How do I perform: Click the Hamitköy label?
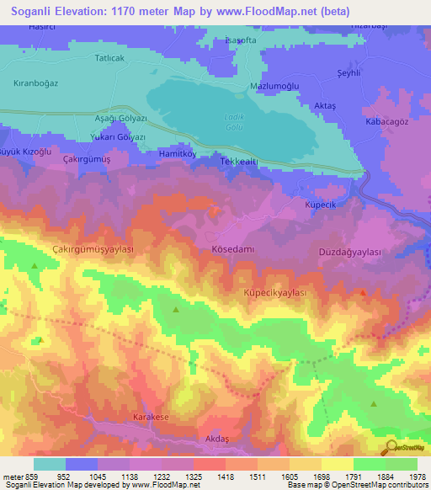coord(177,154)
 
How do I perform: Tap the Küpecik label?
coord(321,205)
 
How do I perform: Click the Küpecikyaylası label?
coord(274,291)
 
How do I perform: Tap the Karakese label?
coord(151,417)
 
